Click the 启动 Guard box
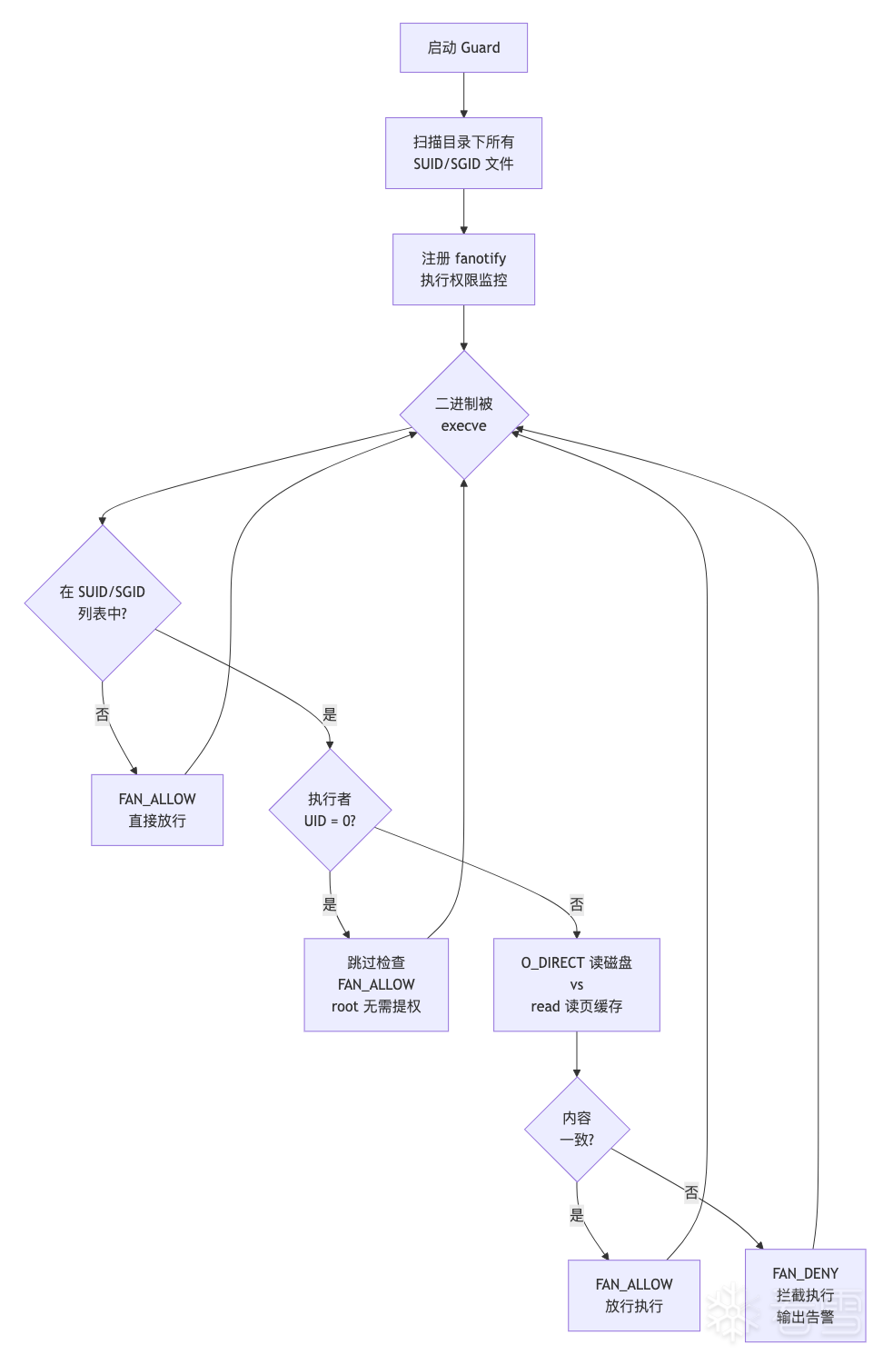[x=463, y=47]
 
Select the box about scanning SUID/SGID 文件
[x=463, y=153]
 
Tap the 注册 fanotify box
[x=463, y=269]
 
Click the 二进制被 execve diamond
[x=463, y=415]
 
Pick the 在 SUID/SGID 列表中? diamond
[x=103, y=603]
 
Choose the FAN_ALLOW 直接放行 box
[x=157, y=810]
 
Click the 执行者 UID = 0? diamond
[x=330, y=810]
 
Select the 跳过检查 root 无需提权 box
[x=376, y=985]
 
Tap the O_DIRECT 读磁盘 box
[x=577, y=985]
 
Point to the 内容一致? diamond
[x=577, y=1130]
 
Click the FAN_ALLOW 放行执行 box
[x=634, y=1296]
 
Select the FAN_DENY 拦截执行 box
[x=805, y=1296]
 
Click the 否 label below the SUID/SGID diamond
[x=103, y=713]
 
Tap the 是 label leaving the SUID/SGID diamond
[x=330, y=713]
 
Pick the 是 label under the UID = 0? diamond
[x=330, y=903]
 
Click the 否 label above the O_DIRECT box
[x=577, y=903]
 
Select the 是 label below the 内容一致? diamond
[x=577, y=1214]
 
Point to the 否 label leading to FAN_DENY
[x=691, y=1192]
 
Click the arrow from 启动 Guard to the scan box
[x=463, y=95]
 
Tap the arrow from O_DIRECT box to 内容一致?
[x=577, y=1054]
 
